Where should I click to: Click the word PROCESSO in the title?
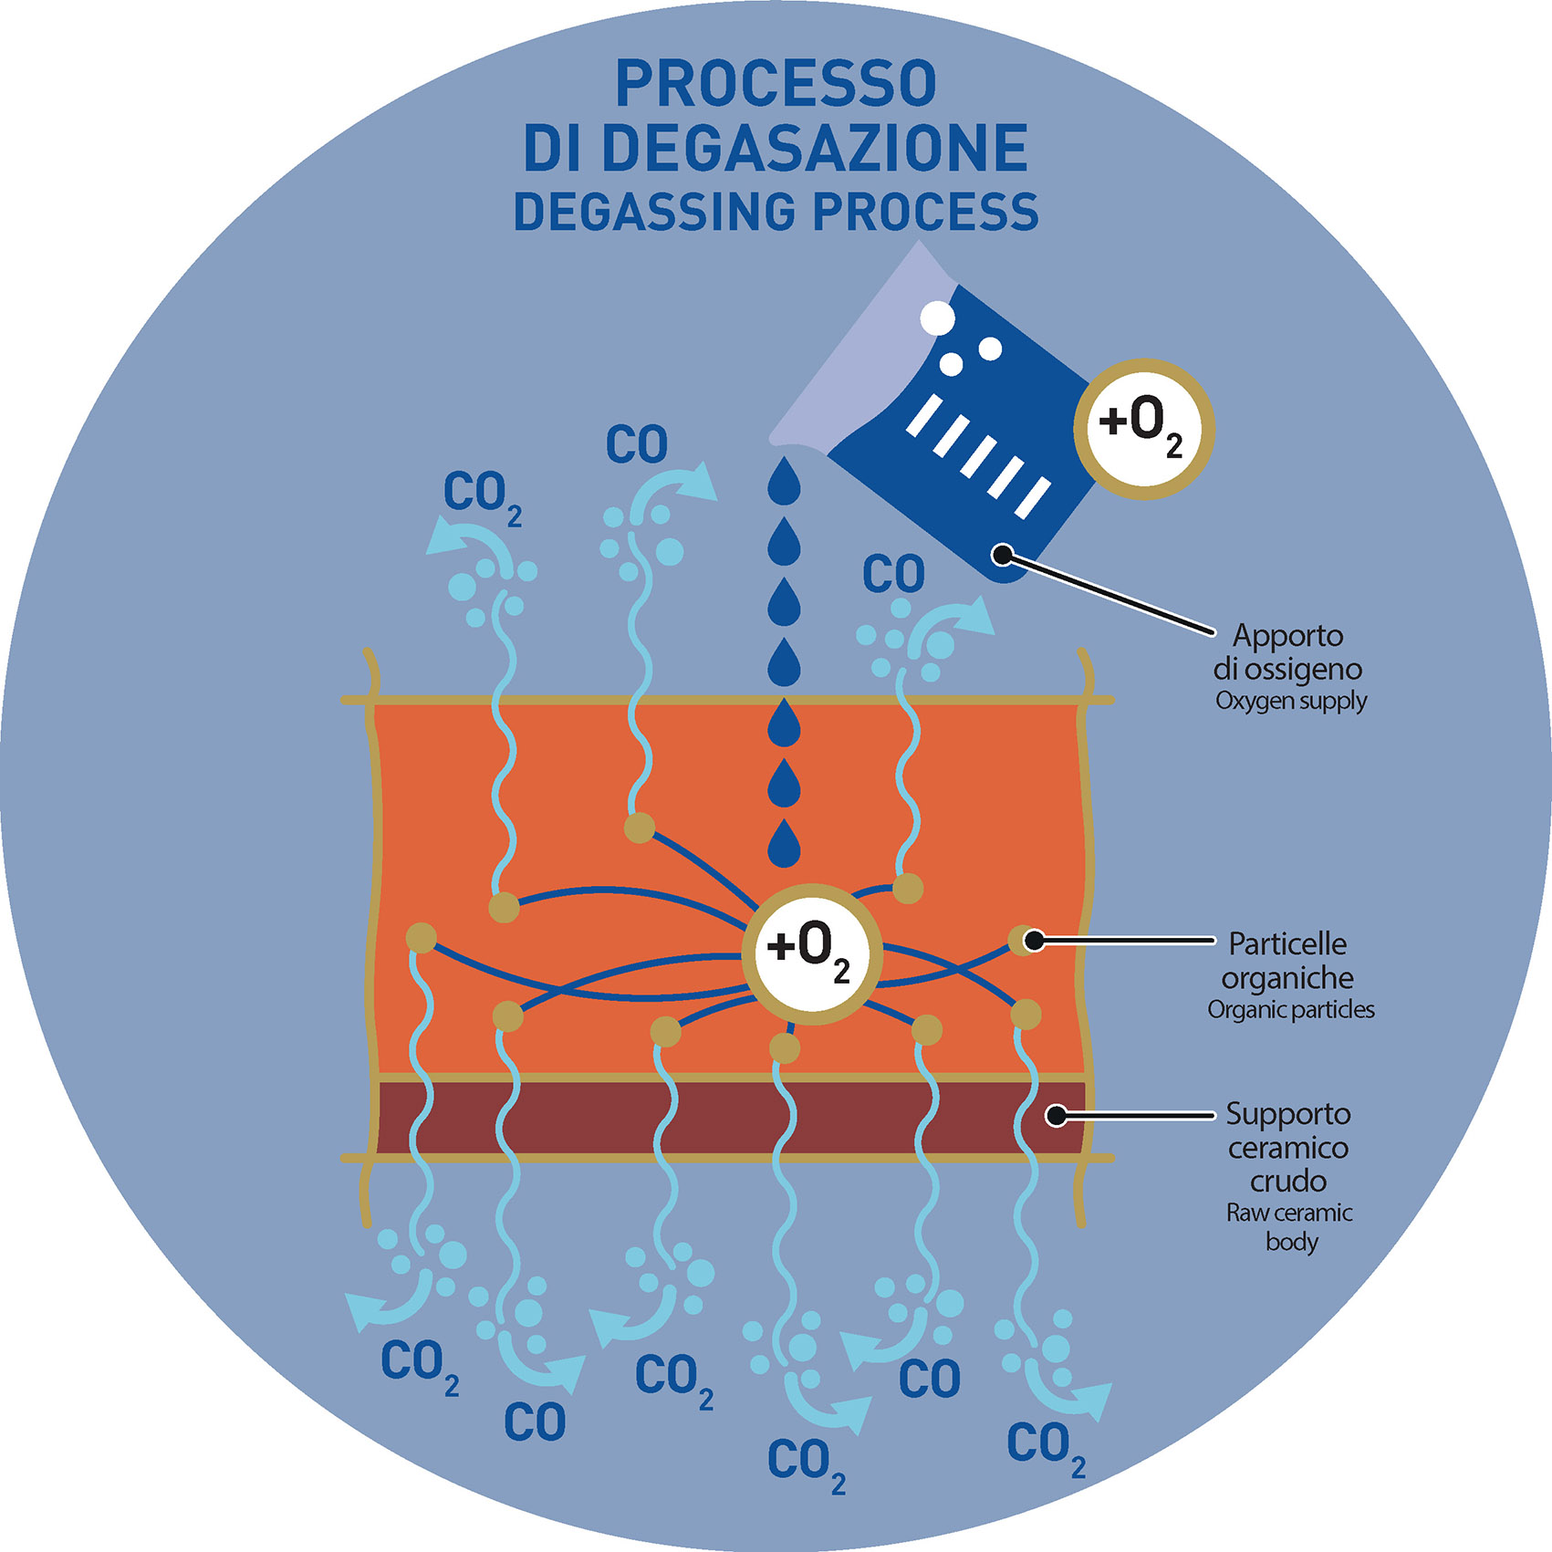click(776, 84)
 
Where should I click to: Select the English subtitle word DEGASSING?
click(654, 212)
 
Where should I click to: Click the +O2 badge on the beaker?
click(1142, 429)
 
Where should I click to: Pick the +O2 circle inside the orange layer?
click(811, 953)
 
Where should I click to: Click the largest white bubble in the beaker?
click(937, 319)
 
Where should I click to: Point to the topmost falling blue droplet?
click(784, 480)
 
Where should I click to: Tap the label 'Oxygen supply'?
click(1291, 702)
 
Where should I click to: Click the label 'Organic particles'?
click(1291, 1010)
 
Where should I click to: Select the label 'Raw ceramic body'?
click(1290, 1226)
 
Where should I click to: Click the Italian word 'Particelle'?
click(1287, 943)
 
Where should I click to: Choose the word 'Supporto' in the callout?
click(1287, 1114)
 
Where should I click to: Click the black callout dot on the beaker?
click(1003, 554)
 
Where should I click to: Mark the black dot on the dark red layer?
click(1056, 1115)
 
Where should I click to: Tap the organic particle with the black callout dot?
click(1026, 940)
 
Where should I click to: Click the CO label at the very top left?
click(637, 445)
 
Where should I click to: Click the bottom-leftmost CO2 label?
click(419, 1366)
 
